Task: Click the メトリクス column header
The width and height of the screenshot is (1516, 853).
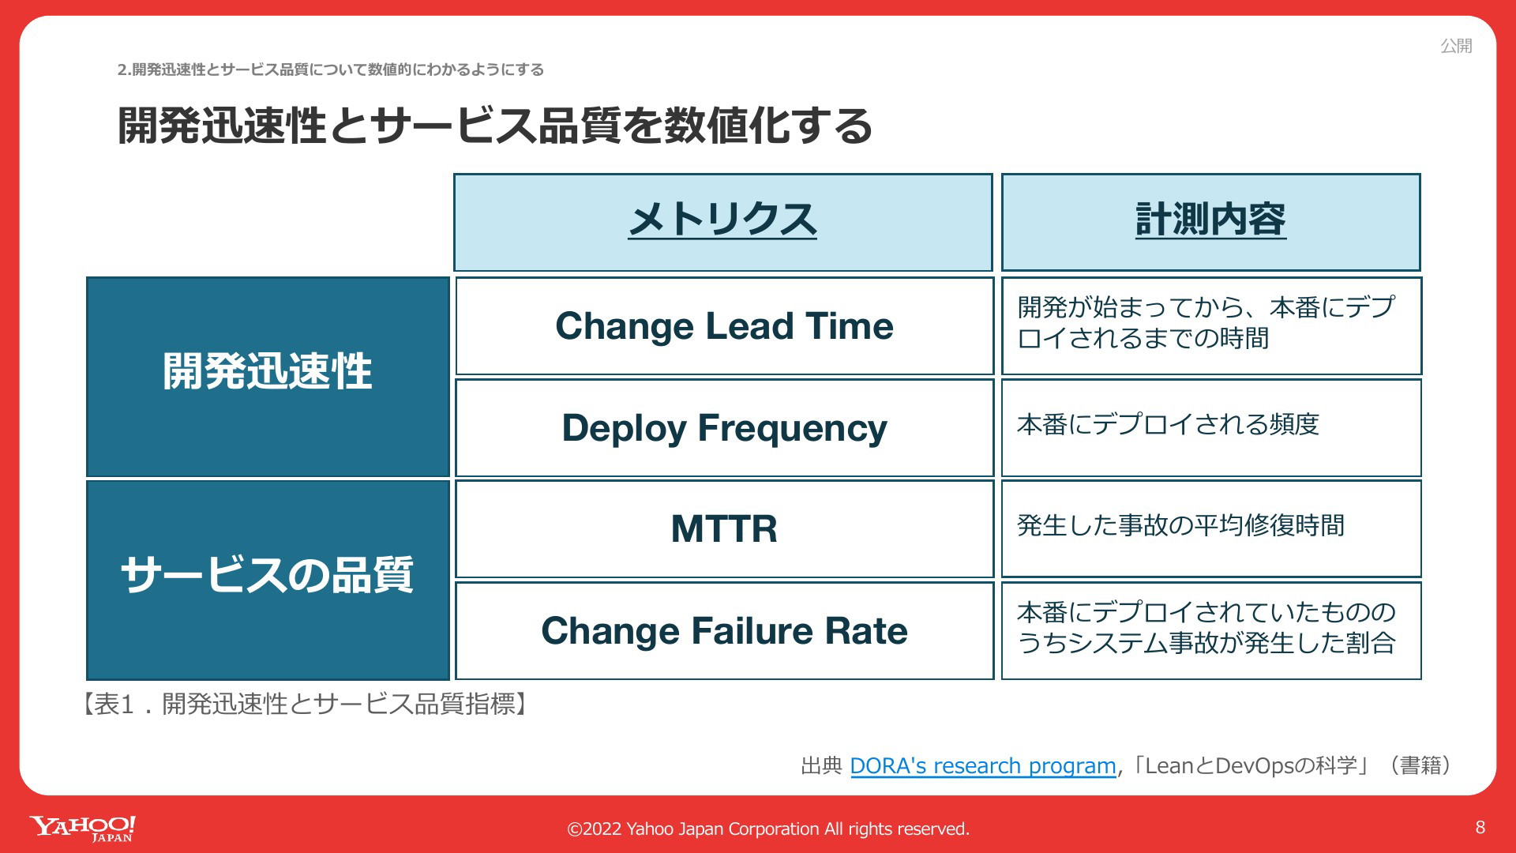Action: tap(722, 222)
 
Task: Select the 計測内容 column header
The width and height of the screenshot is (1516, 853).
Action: tap(1210, 222)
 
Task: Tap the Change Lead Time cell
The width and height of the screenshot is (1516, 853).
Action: tap(724, 325)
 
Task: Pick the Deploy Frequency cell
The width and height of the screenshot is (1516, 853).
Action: tap(724, 428)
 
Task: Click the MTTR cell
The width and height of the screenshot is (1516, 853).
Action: tap(724, 528)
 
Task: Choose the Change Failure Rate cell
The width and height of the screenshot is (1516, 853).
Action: tap(724, 630)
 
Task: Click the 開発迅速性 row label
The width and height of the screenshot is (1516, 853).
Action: tap(268, 377)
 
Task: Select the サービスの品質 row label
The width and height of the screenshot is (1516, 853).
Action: tap(268, 580)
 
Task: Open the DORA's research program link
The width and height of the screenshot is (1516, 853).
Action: tap(983, 765)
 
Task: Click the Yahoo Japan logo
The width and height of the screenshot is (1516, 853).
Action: tap(83, 829)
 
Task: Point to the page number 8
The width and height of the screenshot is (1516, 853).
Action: tap(1480, 827)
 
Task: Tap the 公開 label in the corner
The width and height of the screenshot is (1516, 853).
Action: tap(1456, 46)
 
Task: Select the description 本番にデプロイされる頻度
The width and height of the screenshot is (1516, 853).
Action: tap(1168, 424)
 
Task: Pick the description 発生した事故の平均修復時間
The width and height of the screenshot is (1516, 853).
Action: tap(1180, 525)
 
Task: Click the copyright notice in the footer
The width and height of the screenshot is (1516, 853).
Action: tap(768, 829)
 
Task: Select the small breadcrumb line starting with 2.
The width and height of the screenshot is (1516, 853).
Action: tap(331, 70)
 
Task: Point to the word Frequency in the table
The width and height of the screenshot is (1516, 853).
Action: tap(792, 430)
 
